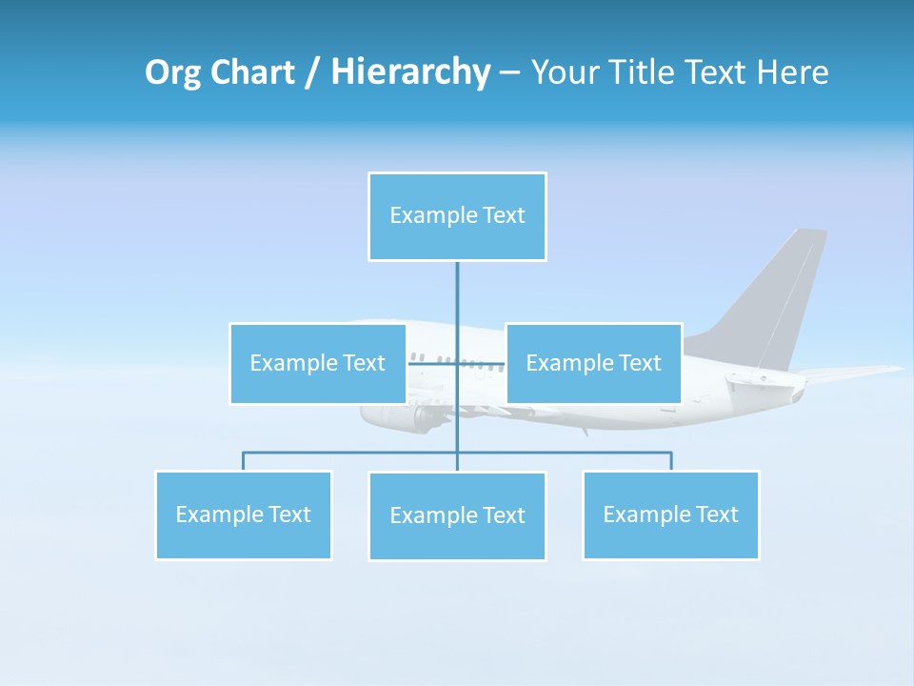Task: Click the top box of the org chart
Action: point(457,216)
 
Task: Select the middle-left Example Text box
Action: point(318,363)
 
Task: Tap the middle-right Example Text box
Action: point(593,363)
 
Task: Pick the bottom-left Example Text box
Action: point(244,514)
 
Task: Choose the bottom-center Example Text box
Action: point(457,515)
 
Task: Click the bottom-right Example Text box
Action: point(670,514)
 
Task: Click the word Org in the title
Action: point(172,72)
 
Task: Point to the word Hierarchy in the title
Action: point(410,72)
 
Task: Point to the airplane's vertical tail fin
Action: point(776,295)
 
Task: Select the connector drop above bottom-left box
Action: point(244,461)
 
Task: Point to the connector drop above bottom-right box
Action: point(671,461)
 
